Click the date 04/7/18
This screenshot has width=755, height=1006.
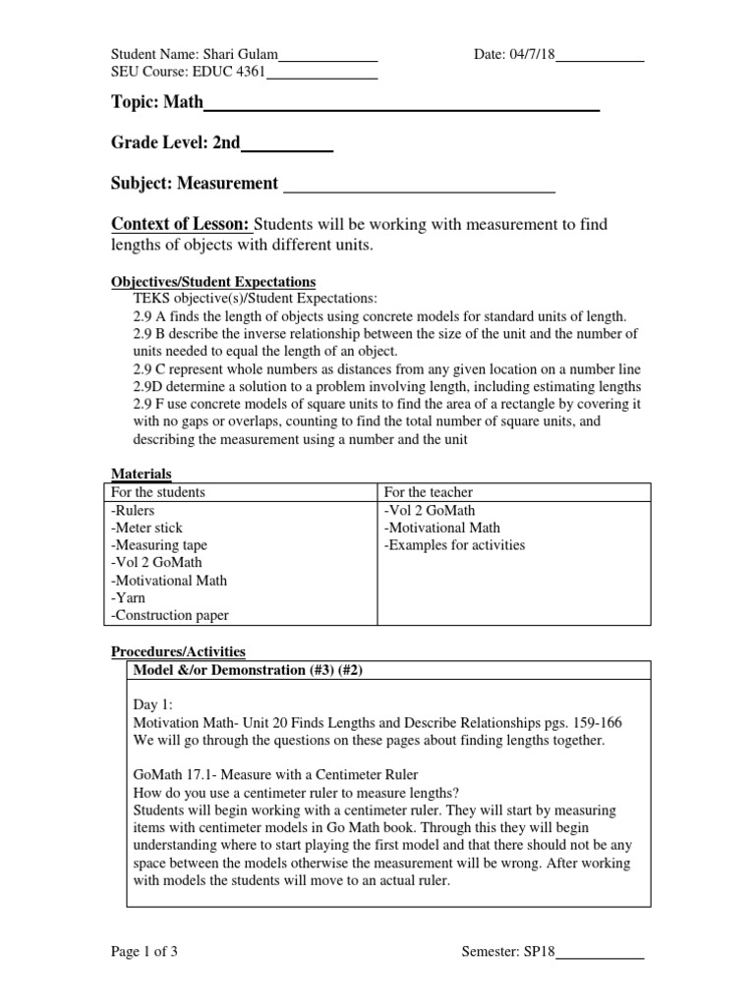pos(532,55)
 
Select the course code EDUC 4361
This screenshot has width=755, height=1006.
pos(231,72)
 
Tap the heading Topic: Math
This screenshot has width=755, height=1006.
pos(157,103)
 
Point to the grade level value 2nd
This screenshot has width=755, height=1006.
pos(226,143)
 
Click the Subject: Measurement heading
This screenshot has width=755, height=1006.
pos(195,184)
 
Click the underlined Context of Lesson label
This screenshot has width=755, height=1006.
pos(181,225)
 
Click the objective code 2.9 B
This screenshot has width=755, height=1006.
pos(150,333)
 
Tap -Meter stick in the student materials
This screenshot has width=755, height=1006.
pos(147,528)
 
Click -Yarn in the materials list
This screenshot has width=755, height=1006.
pos(128,598)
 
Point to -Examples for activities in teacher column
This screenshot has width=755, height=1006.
pos(454,545)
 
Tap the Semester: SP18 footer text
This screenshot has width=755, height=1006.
pos(508,952)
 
